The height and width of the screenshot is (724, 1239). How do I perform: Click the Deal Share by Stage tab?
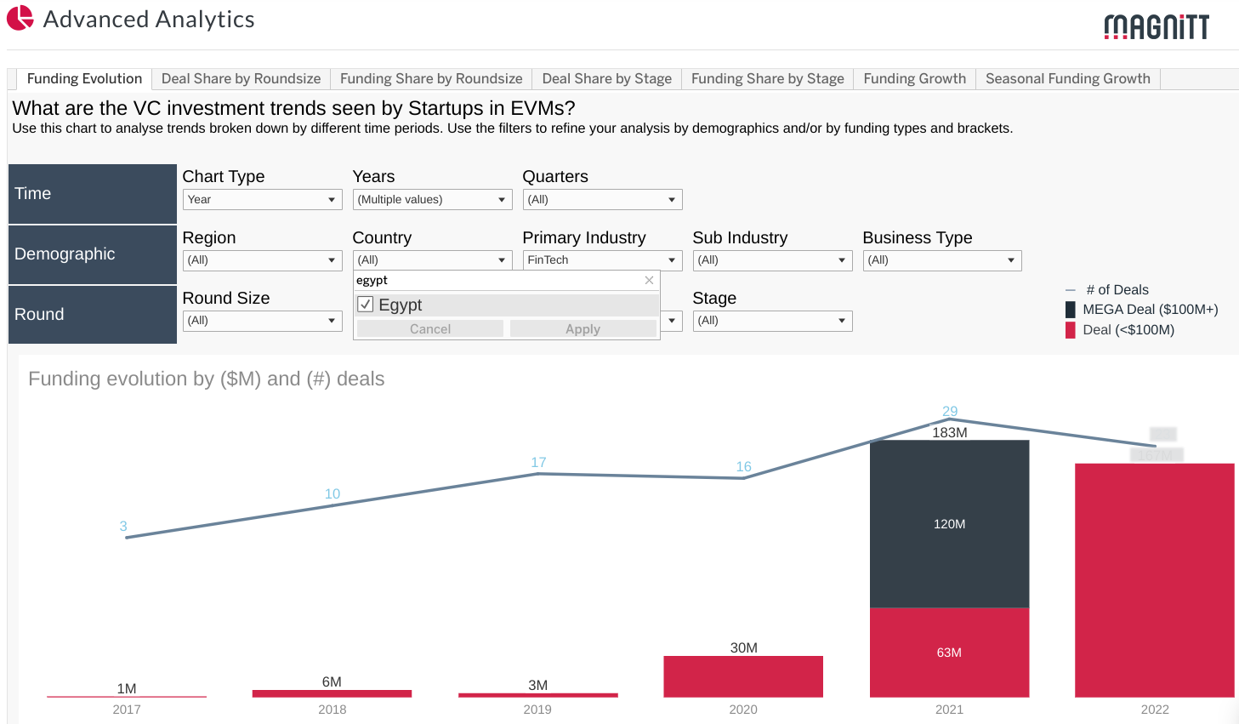coord(606,79)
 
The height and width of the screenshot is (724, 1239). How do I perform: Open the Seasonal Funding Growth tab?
coord(1067,79)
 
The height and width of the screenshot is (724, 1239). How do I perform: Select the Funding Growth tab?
coord(914,79)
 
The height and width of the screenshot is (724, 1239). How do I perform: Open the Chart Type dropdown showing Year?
coord(262,200)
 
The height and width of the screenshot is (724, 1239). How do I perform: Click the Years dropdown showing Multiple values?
coord(432,200)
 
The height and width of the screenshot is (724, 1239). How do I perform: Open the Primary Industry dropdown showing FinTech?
coord(602,260)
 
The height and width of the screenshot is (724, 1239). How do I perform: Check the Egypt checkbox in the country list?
coord(366,305)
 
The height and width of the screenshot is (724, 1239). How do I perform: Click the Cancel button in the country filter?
coord(430,329)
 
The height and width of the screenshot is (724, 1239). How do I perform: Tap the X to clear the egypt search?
coord(649,281)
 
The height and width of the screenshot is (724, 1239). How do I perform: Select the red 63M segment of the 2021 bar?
coord(949,653)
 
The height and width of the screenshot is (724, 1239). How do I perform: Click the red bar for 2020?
coord(743,677)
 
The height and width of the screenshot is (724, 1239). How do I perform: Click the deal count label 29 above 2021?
coord(950,412)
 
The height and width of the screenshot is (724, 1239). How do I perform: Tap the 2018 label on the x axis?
coord(332,710)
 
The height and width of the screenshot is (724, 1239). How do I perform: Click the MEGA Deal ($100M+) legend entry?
coord(1149,310)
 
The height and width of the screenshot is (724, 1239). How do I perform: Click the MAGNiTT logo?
coord(1156,27)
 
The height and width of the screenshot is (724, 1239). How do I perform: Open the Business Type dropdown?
coord(942,260)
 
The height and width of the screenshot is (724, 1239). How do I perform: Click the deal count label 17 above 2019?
coord(538,463)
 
